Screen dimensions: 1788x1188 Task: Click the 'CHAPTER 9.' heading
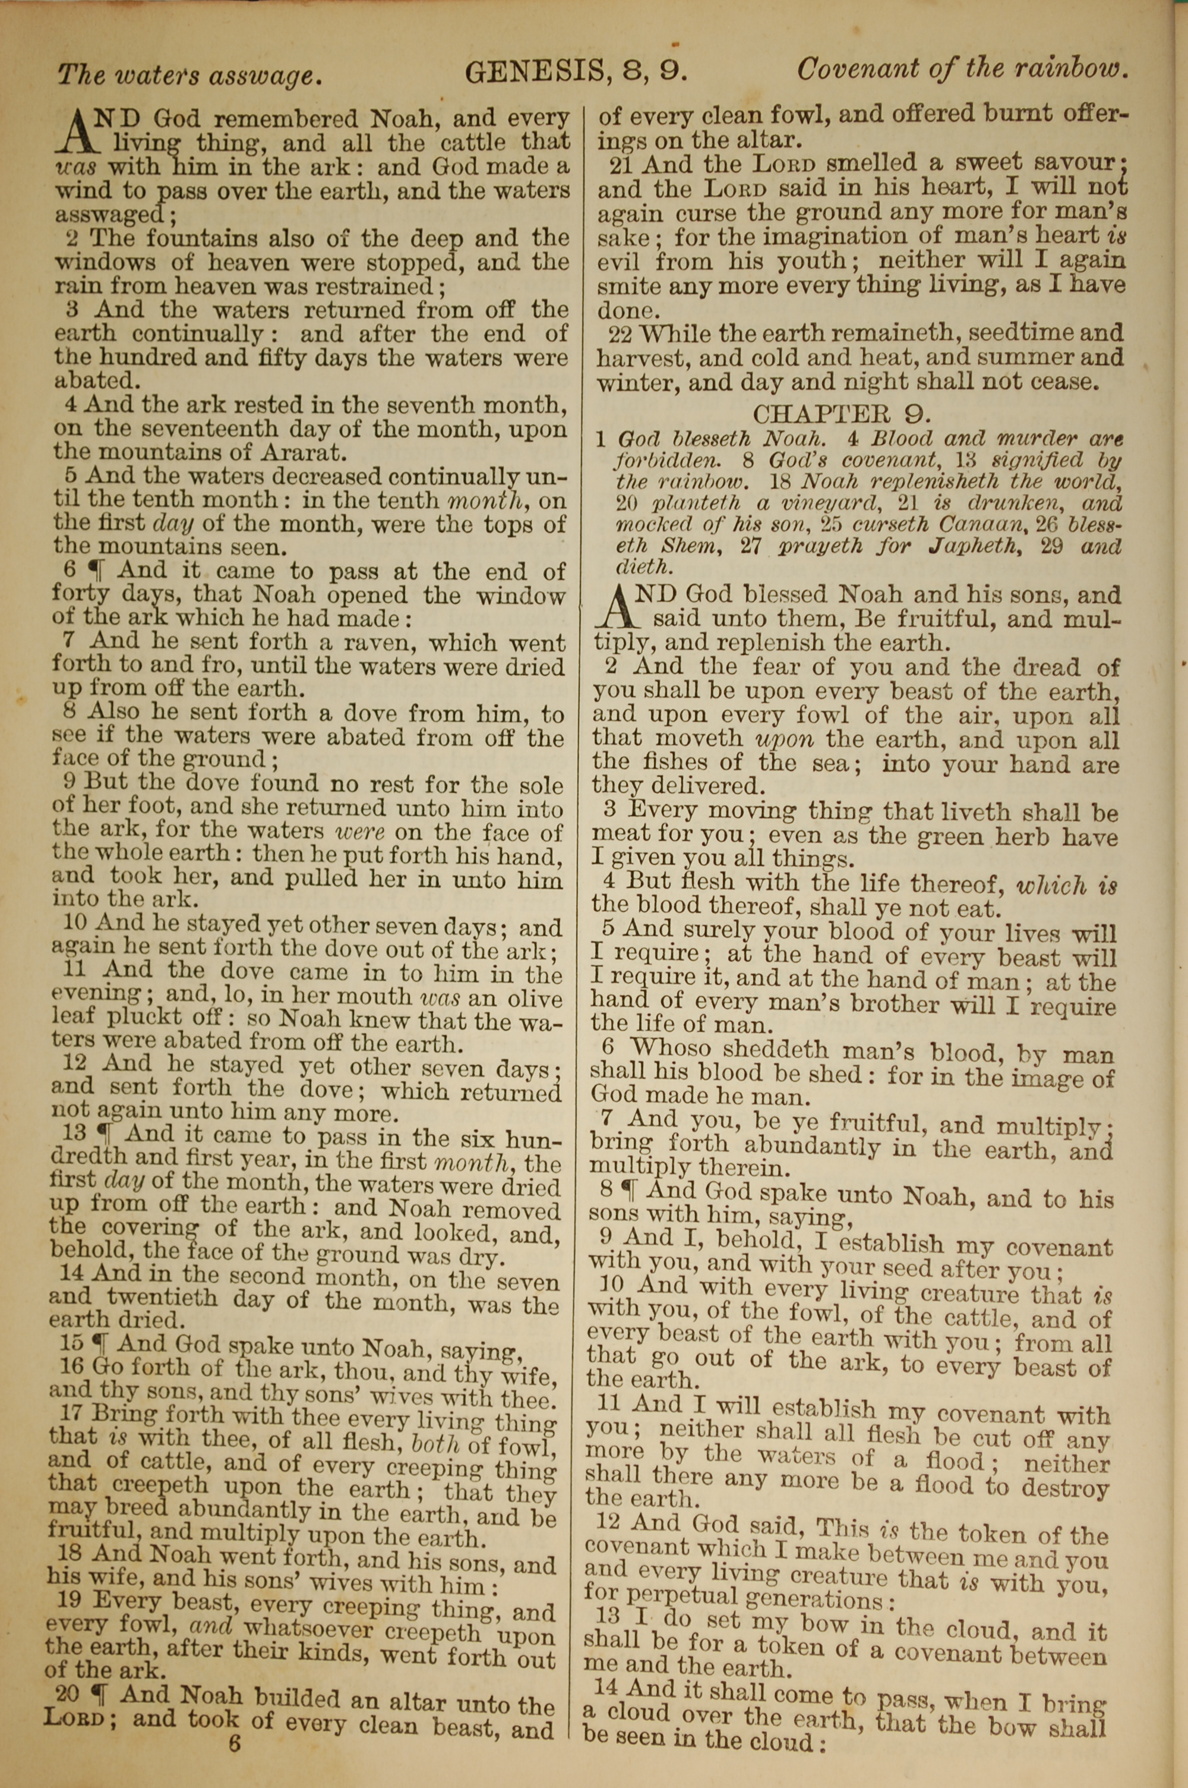coord(842,413)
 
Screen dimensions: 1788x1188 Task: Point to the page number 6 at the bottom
coord(234,1764)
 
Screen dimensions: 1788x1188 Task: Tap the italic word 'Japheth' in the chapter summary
coord(968,546)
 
